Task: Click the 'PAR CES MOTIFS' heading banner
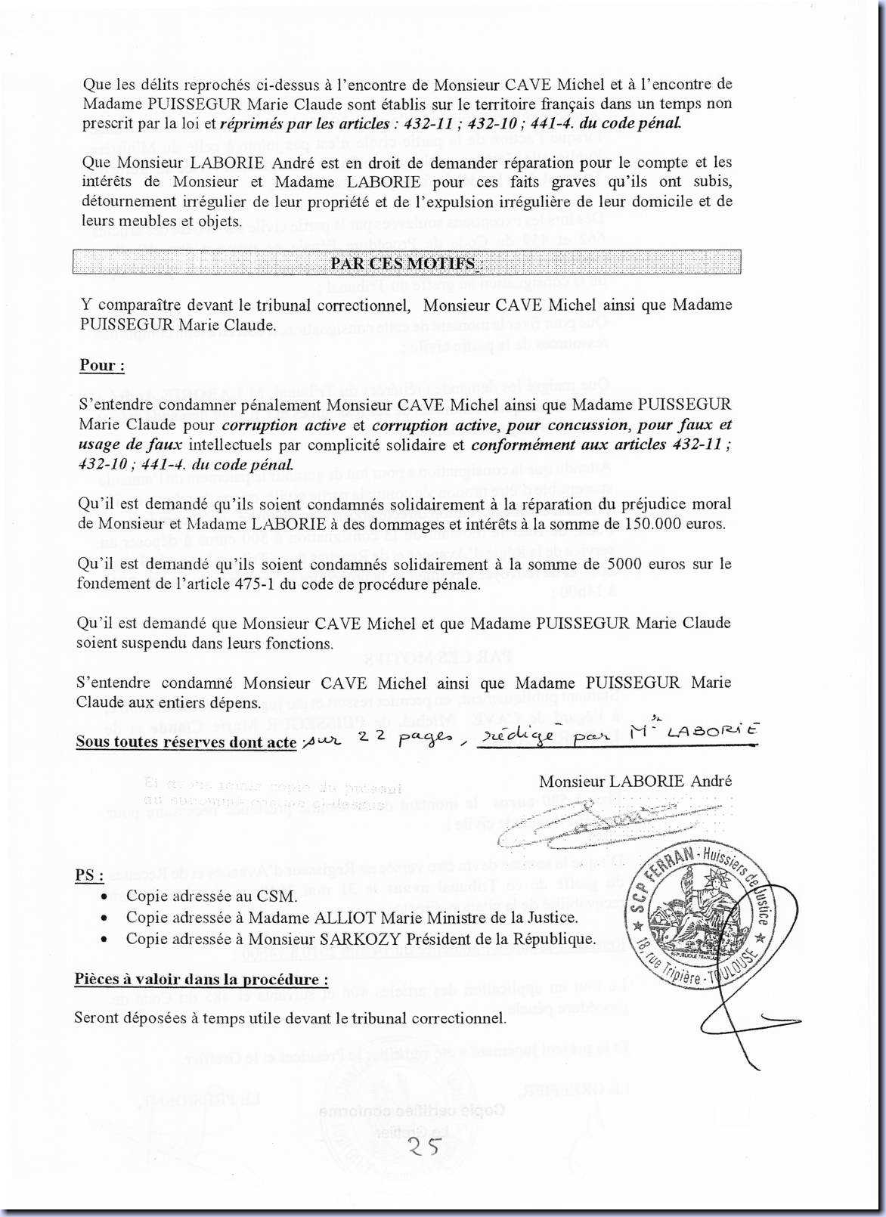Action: pos(407,263)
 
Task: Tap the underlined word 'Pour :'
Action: pos(102,366)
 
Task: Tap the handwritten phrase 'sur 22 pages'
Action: pos(378,739)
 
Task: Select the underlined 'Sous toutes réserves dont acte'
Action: pos(186,742)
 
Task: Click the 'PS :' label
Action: pos(89,875)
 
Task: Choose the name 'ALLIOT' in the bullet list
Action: pos(351,918)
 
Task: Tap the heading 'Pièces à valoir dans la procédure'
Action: pos(201,980)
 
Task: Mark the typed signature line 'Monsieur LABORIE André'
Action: pos(635,781)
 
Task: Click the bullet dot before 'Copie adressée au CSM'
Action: pos(105,897)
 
